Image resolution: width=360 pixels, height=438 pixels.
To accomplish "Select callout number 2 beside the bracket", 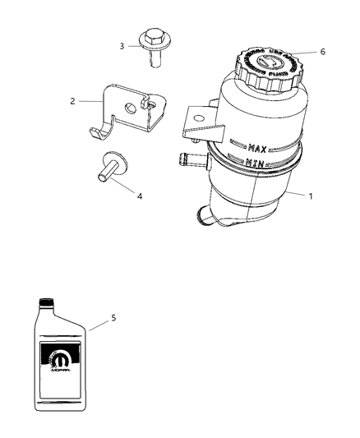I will click(x=72, y=101).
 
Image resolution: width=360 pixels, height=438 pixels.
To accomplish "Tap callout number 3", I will click(x=122, y=46).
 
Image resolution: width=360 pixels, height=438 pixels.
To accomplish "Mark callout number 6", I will click(x=322, y=51).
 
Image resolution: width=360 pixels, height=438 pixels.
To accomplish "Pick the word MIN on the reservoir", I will click(x=256, y=165).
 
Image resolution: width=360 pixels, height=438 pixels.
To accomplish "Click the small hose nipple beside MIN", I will click(x=190, y=158).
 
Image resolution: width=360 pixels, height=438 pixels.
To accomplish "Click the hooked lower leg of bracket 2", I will click(x=99, y=132).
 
